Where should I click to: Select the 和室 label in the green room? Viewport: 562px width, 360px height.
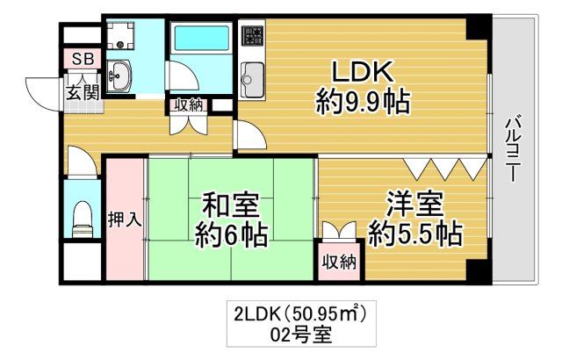[x=230, y=206]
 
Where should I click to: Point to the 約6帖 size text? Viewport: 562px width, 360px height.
[x=230, y=235]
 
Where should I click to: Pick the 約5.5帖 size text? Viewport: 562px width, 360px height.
[x=414, y=234]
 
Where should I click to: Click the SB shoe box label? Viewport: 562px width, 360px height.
[x=82, y=60]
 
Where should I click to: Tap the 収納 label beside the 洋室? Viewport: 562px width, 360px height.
[x=337, y=261]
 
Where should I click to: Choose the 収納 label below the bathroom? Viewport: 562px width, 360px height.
[x=188, y=104]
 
